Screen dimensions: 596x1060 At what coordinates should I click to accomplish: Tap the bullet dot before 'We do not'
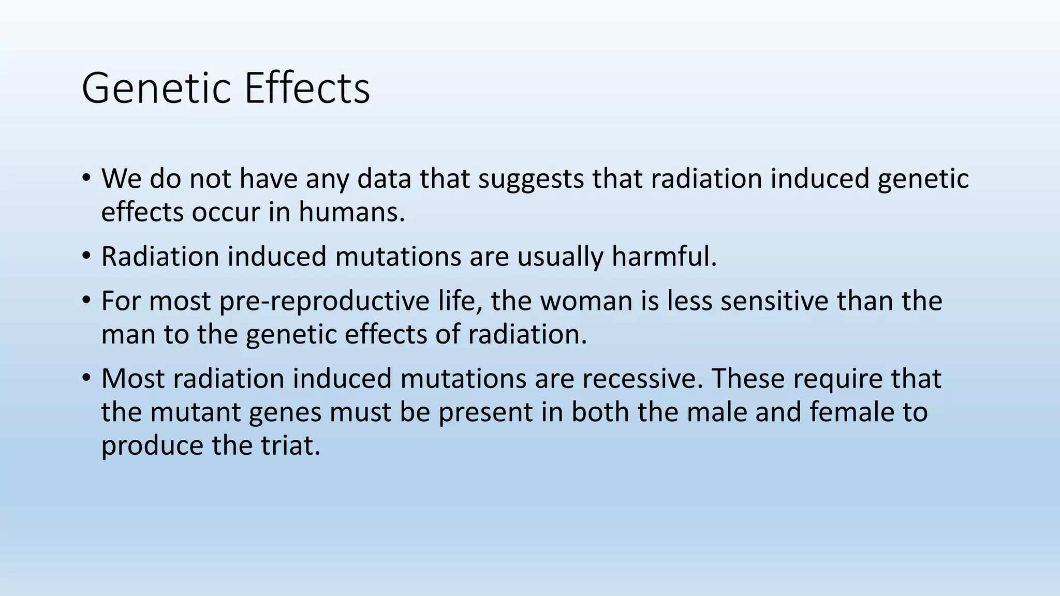coord(86,177)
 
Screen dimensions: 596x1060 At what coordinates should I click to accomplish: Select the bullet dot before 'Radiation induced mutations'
coord(86,256)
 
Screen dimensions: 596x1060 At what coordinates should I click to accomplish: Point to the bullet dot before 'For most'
coord(86,300)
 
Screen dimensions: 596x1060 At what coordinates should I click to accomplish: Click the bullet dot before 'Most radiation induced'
coord(86,378)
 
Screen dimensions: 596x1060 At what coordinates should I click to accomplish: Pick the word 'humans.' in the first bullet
coord(352,212)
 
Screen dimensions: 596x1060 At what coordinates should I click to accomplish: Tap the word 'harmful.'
coord(665,256)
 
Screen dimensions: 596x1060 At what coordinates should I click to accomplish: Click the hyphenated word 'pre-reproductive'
coord(324,302)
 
